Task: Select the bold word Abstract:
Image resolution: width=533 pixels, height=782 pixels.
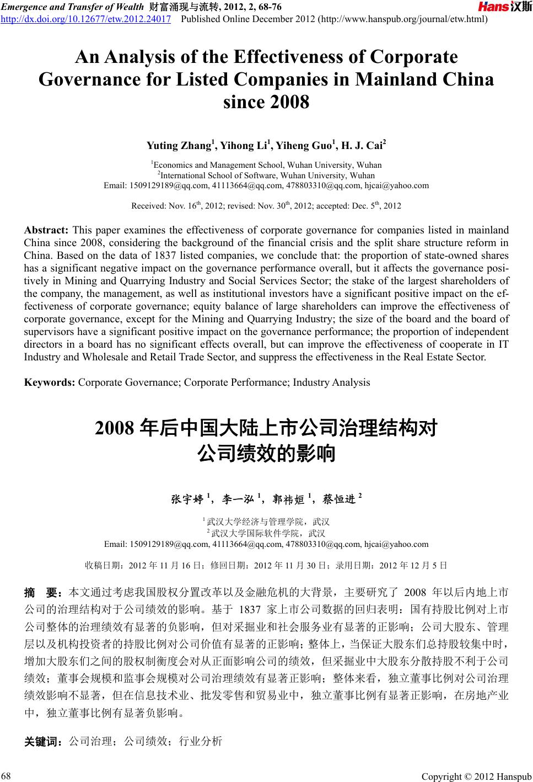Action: (46, 230)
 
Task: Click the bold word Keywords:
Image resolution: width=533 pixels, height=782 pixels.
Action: (50, 382)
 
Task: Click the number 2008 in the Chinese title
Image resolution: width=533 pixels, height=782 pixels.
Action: (115, 428)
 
